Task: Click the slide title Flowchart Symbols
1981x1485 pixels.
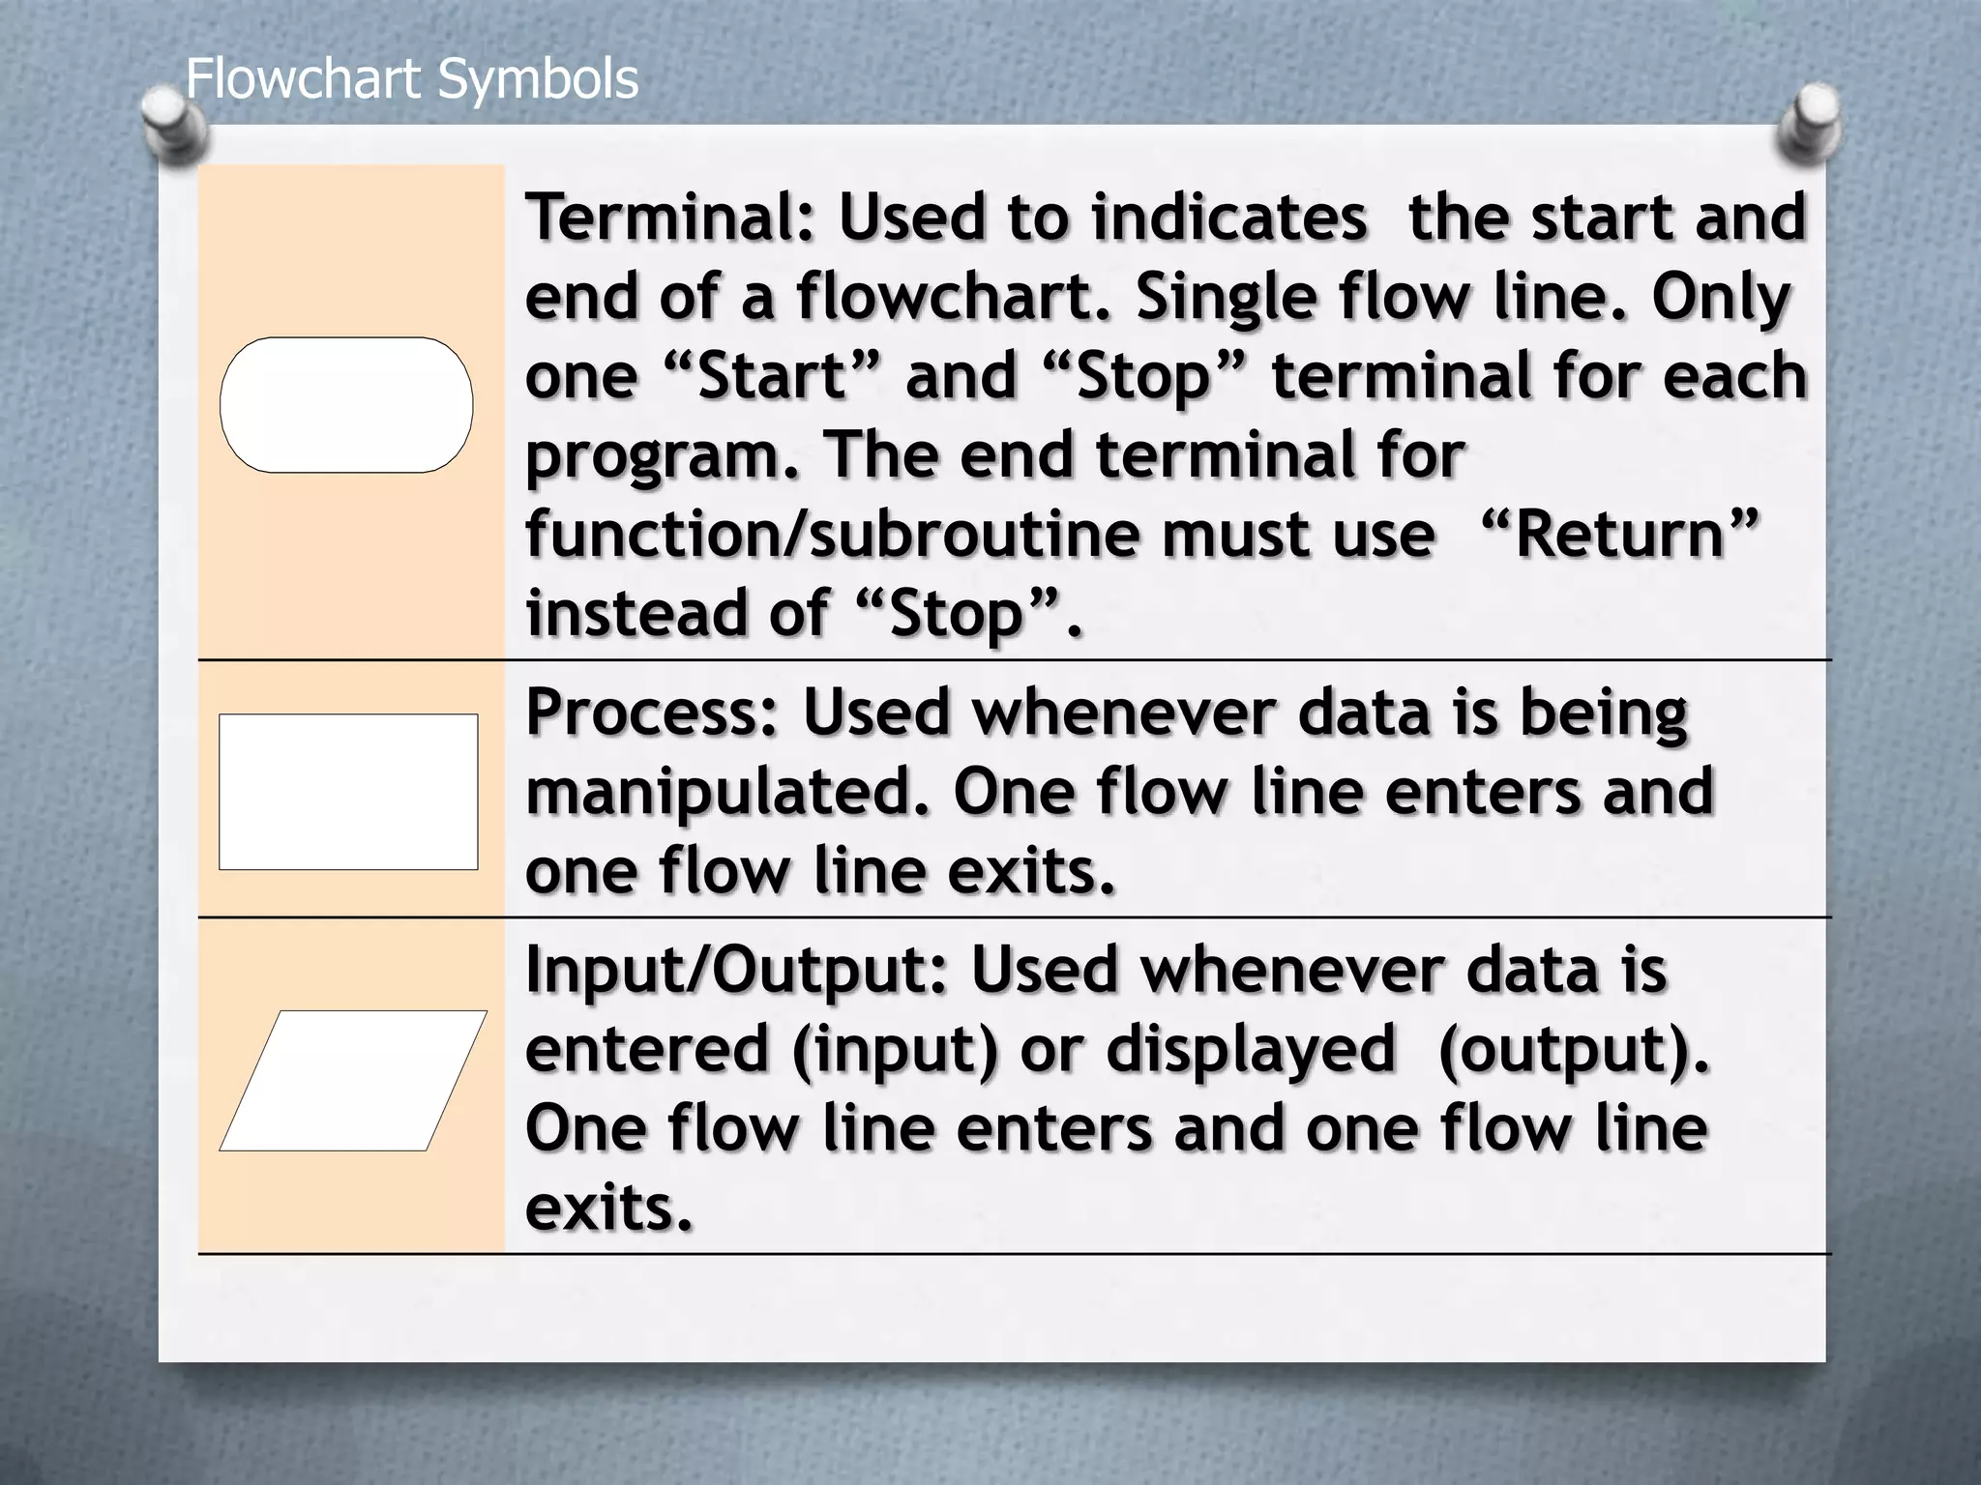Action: pos(412,79)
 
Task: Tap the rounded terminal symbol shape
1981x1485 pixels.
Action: pos(346,405)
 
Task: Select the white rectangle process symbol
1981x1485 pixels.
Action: pos(348,792)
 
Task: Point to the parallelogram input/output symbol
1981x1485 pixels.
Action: pos(353,1080)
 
